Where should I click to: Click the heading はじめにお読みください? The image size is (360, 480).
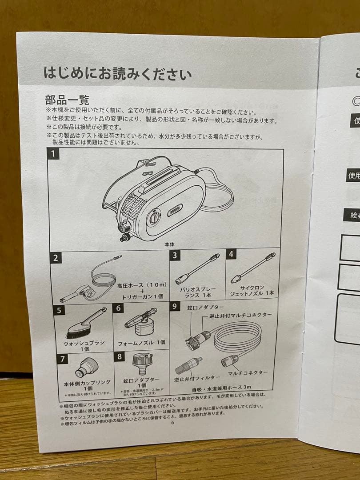[117, 72]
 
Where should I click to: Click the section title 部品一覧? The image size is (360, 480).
[67, 99]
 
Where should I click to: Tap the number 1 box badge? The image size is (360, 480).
[54, 154]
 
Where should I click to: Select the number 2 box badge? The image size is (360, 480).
[56, 258]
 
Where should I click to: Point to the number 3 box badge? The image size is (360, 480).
[176, 255]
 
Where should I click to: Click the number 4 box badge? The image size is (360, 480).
[231, 254]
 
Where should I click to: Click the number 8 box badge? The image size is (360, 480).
[120, 356]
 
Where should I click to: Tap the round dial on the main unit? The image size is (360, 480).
[153, 218]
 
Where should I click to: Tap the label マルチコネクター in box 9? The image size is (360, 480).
[248, 372]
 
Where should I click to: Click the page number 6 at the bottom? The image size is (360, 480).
[172, 422]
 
